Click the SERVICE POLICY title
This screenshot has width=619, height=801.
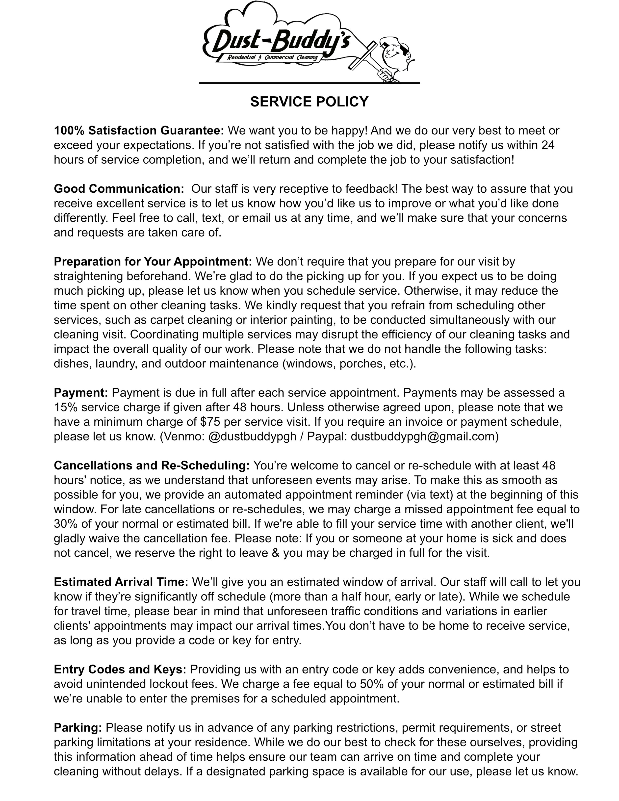click(x=309, y=102)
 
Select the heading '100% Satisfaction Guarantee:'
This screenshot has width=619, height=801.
click(x=139, y=130)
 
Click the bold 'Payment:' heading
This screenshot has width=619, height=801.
click(x=81, y=393)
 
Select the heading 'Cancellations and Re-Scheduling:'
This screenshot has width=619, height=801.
click(x=152, y=466)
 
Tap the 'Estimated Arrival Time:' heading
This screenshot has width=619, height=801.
click(x=121, y=582)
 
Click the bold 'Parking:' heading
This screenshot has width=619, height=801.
click(x=78, y=728)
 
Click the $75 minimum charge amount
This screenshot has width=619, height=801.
click(x=210, y=422)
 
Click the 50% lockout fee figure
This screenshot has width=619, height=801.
click(x=373, y=684)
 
